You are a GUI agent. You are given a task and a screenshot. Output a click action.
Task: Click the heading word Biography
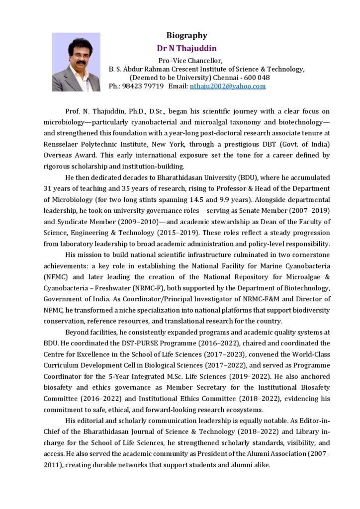(x=186, y=35)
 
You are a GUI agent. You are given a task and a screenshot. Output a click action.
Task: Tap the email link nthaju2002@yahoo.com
(x=228, y=86)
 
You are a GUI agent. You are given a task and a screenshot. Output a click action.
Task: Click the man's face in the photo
(x=78, y=55)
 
